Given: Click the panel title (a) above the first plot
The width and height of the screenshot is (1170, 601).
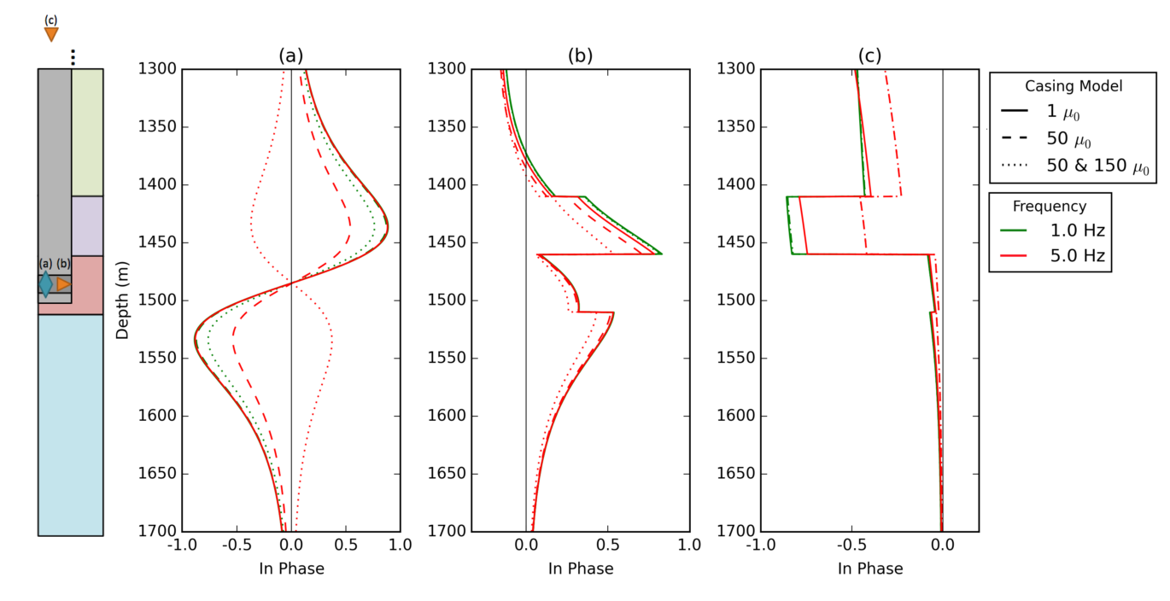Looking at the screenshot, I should pyautogui.click(x=290, y=56).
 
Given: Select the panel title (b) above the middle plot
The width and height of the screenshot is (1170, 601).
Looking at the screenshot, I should pyautogui.click(x=580, y=56).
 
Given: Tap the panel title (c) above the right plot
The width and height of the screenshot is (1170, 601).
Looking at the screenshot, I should pyautogui.click(x=869, y=56).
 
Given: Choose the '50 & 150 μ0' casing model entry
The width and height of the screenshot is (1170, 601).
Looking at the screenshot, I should pyautogui.click(x=1098, y=167).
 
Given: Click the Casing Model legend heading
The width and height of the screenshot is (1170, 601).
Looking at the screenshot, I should pyautogui.click(x=1073, y=86).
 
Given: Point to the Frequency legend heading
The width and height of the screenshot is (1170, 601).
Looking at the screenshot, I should pyautogui.click(x=1050, y=207).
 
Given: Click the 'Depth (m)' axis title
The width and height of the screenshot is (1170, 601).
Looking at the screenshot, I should pyautogui.click(x=123, y=300).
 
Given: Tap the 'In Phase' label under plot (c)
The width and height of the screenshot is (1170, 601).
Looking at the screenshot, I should pyautogui.click(x=869, y=569).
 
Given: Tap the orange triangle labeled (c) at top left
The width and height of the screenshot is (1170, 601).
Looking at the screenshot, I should pyautogui.click(x=51, y=34).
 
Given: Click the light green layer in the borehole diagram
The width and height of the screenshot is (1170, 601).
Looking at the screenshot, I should pyautogui.click(x=87, y=132).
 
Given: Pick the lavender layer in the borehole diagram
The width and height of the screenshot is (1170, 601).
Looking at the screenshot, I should pyautogui.click(x=87, y=226).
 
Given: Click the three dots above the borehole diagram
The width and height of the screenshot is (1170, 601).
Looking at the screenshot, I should pyautogui.click(x=73, y=56).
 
